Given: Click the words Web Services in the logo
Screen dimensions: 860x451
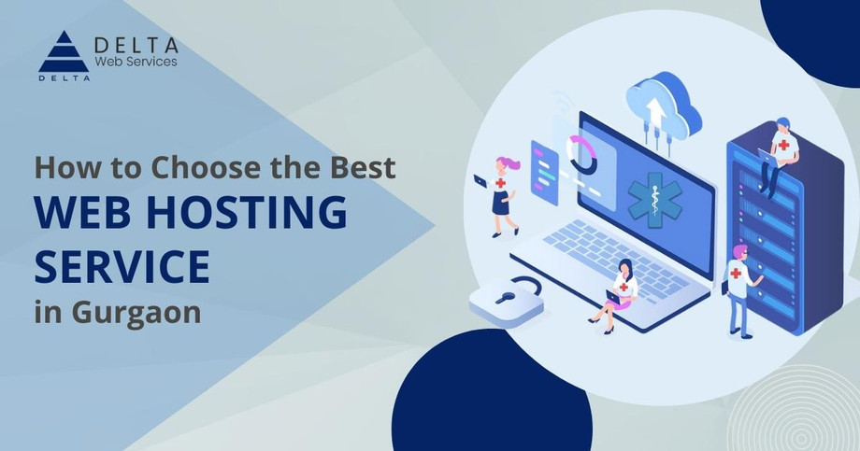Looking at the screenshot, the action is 136,62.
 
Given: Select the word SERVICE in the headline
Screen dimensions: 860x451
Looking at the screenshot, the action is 122,266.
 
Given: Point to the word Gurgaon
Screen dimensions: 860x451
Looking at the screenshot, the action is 136,314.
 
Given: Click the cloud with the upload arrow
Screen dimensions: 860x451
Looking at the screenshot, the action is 664,109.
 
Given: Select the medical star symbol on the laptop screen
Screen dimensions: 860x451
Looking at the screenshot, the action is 655,201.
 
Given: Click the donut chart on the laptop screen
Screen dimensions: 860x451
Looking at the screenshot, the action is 582,155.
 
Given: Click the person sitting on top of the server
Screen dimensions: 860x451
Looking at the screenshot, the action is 779,154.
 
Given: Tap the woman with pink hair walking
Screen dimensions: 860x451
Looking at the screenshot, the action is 500,196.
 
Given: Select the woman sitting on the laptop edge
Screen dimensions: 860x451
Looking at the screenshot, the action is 617,296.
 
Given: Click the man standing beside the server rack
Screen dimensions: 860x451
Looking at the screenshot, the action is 740,290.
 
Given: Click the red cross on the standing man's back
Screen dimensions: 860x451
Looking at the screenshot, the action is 736,273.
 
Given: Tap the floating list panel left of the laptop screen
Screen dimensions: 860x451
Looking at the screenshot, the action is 544,173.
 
